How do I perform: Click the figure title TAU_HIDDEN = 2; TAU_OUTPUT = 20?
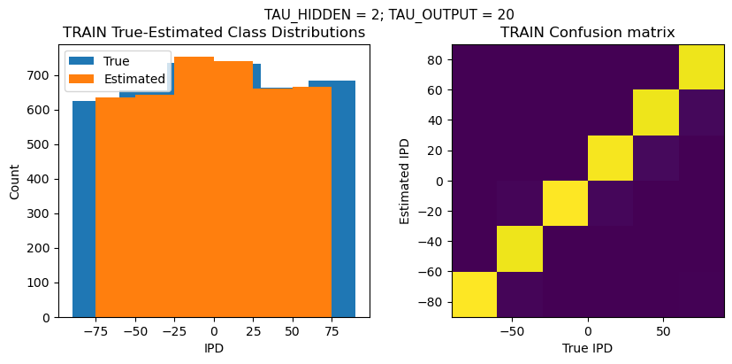(x=389, y=14)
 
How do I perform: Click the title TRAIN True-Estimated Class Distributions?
(x=214, y=33)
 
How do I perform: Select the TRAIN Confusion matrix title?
(x=587, y=33)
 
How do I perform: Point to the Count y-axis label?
(x=14, y=181)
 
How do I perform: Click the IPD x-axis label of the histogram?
(x=214, y=348)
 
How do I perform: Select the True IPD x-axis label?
(x=587, y=348)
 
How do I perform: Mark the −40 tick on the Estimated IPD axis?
(x=431, y=242)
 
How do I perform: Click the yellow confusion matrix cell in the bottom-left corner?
(x=474, y=294)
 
